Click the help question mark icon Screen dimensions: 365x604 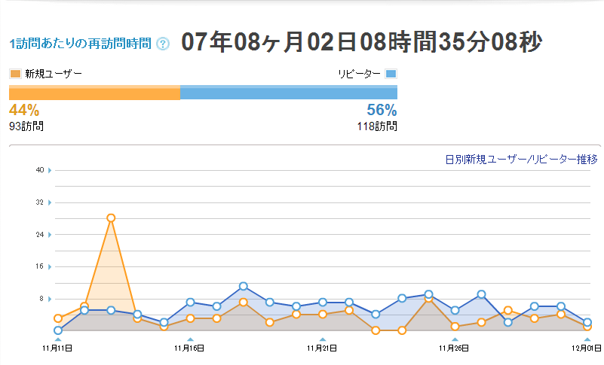[163, 44]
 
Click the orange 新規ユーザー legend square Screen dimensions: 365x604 [15, 74]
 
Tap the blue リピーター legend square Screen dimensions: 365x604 [391, 74]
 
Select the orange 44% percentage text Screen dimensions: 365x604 [24, 110]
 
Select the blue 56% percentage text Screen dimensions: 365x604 [382, 110]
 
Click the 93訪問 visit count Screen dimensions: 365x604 [26, 126]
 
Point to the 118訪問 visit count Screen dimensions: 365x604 [377, 126]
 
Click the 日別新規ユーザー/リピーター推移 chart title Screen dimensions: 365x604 [521, 159]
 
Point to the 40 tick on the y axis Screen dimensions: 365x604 [40, 170]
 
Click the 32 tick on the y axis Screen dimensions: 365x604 [40, 202]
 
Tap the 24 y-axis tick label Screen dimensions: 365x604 [40, 234]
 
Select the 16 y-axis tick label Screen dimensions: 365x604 [40, 266]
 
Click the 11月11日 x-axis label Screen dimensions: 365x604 [58, 348]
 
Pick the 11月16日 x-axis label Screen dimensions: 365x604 [189, 348]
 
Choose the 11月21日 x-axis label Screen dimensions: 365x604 [322, 348]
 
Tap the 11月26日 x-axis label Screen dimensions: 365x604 [455, 348]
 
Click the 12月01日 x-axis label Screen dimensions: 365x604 [587, 348]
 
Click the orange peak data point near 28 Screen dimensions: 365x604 [111, 217]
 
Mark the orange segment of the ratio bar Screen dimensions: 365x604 [94, 93]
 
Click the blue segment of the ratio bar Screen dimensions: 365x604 [289, 93]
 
